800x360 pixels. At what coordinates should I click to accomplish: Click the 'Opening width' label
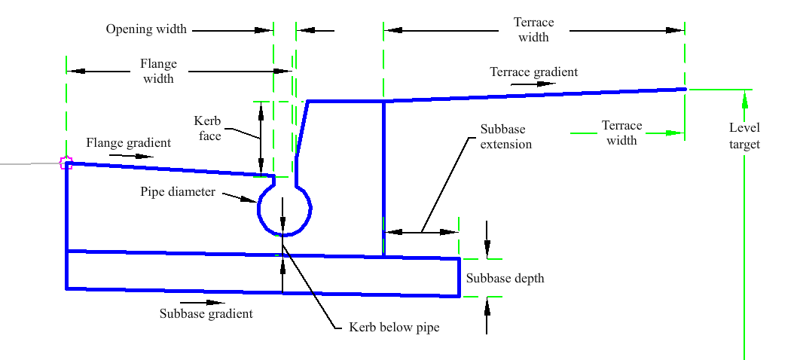tap(146, 29)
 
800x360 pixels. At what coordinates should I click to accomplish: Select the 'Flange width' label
tap(158, 71)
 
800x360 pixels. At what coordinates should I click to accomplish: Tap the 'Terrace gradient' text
tap(533, 72)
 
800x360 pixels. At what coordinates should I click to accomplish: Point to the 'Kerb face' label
tap(207, 129)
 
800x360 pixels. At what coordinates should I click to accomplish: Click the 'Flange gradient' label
tap(128, 142)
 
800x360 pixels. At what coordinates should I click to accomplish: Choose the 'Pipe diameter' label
tap(178, 192)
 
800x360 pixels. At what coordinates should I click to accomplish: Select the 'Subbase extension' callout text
tap(506, 137)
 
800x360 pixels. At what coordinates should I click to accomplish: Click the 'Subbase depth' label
tap(505, 279)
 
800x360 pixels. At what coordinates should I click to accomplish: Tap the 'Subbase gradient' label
tap(206, 313)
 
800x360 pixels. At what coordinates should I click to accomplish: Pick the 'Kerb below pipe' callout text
tap(394, 328)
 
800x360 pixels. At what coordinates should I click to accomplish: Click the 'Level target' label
tap(744, 137)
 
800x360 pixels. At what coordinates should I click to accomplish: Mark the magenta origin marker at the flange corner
tap(66, 163)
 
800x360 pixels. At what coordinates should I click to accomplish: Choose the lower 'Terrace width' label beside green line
tap(621, 133)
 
